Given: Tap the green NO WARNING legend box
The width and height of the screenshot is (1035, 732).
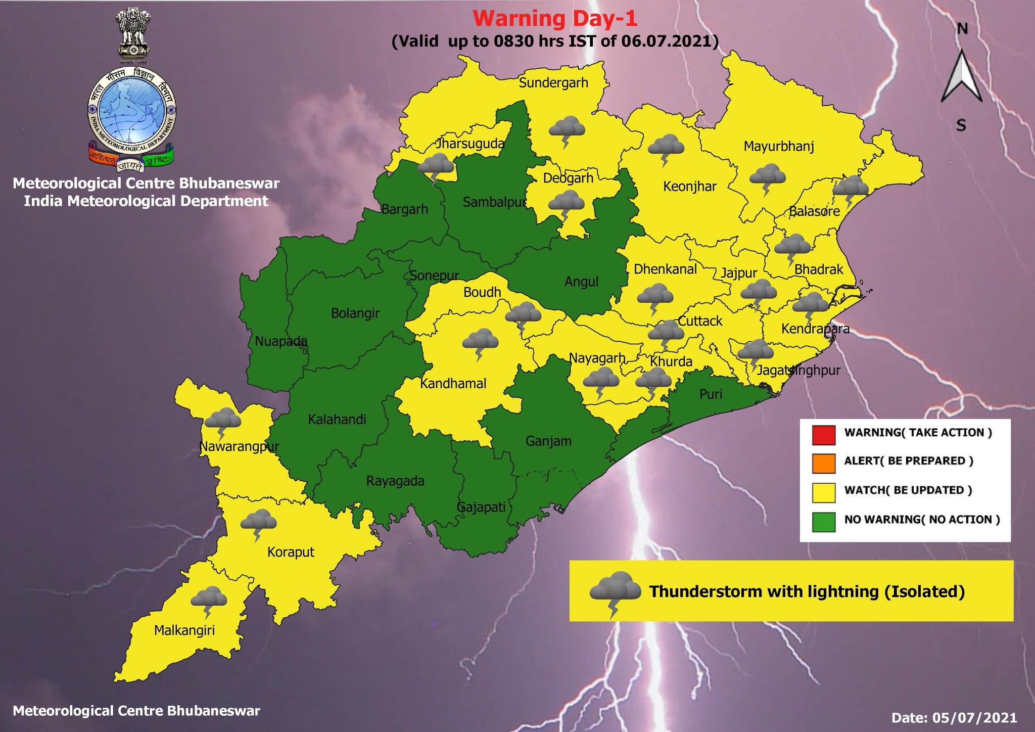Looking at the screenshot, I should (823, 522).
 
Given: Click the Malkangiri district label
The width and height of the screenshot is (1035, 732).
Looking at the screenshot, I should (184, 630).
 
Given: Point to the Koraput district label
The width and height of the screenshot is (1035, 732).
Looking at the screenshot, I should (291, 552).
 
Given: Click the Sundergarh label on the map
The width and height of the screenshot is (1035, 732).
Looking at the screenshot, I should (553, 82).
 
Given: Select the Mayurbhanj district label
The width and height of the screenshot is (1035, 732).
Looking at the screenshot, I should (779, 147).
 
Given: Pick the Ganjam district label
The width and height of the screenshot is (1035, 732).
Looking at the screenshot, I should (548, 441).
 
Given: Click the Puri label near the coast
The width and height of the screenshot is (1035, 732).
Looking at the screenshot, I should (711, 394).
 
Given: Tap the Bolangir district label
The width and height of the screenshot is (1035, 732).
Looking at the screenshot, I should (355, 313).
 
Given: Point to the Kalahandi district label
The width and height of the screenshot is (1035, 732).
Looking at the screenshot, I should (337, 419).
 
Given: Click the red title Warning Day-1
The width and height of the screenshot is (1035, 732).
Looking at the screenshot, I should (555, 19).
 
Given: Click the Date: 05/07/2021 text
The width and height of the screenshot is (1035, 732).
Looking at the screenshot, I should (954, 717).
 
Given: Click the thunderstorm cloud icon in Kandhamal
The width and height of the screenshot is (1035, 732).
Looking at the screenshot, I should (480, 342).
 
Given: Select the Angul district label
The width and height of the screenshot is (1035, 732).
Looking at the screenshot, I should (581, 282).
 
